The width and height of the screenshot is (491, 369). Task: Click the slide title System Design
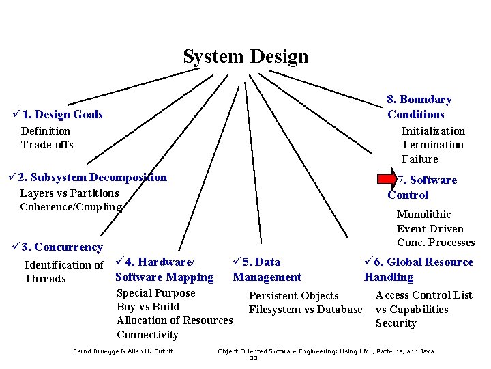(245, 57)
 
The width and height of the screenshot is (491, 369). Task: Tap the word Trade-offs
(47, 145)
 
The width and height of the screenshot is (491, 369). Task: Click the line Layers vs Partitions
(69, 193)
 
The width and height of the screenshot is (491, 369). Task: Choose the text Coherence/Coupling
(71, 207)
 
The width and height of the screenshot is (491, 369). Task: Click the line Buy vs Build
(148, 307)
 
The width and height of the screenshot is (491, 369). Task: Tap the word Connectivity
(147, 335)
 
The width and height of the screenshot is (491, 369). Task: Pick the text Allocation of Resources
(175, 320)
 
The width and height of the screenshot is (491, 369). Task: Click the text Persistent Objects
(293, 296)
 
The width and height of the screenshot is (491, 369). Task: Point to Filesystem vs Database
(306, 310)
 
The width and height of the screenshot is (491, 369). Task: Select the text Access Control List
(423, 295)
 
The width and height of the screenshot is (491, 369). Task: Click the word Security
(396, 323)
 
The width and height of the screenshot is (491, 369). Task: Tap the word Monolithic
(423, 215)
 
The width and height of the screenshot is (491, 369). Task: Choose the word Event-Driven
(430, 229)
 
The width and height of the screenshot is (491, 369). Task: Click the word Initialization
(433, 131)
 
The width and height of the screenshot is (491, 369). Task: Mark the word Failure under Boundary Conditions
(419, 159)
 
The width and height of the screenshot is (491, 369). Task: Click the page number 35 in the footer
(254, 358)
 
